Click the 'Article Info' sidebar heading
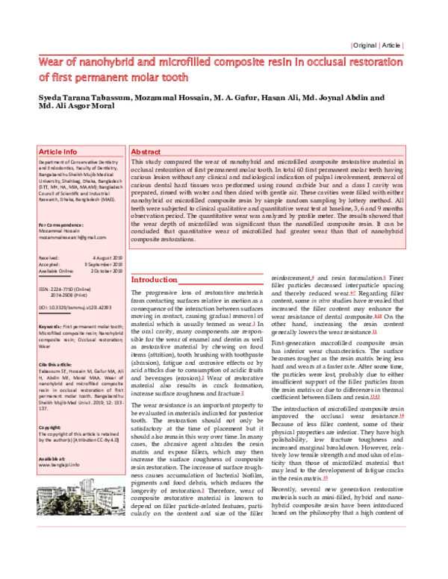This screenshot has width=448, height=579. (x=58, y=151)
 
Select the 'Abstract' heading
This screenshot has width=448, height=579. (x=146, y=151)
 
